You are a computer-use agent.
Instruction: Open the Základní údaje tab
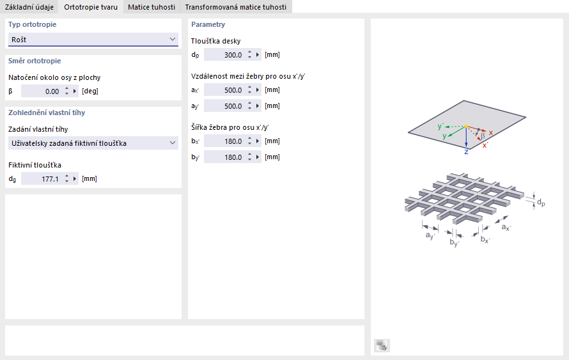pyautogui.click(x=29, y=7)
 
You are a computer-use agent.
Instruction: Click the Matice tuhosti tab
pyautogui.click(x=151, y=7)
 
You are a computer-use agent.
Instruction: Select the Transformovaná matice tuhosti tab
pyautogui.click(x=236, y=7)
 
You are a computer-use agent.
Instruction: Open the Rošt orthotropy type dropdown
pyautogui.click(x=93, y=40)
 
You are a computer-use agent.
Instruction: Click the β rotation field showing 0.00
pyautogui.click(x=42, y=91)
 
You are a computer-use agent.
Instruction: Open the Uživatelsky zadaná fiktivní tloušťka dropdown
pyautogui.click(x=93, y=143)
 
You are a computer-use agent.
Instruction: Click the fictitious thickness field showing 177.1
pyautogui.click(x=42, y=179)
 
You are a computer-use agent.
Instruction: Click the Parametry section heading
pyautogui.click(x=208, y=25)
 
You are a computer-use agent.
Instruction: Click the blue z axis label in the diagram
pyautogui.click(x=466, y=152)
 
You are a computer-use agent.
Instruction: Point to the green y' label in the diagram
pyautogui.click(x=440, y=127)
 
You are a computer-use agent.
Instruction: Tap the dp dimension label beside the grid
pyautogui.click(x=541, y=203)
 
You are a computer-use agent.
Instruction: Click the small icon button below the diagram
pyautogui.click(x=382, y=345)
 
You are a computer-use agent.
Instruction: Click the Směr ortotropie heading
pyautogui.click(x=35, y=61)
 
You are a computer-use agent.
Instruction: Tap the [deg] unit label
pyautogui.click(x=90, y=91)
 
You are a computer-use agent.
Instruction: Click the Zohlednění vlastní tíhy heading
pyautogui.click(x=47, y=113)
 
